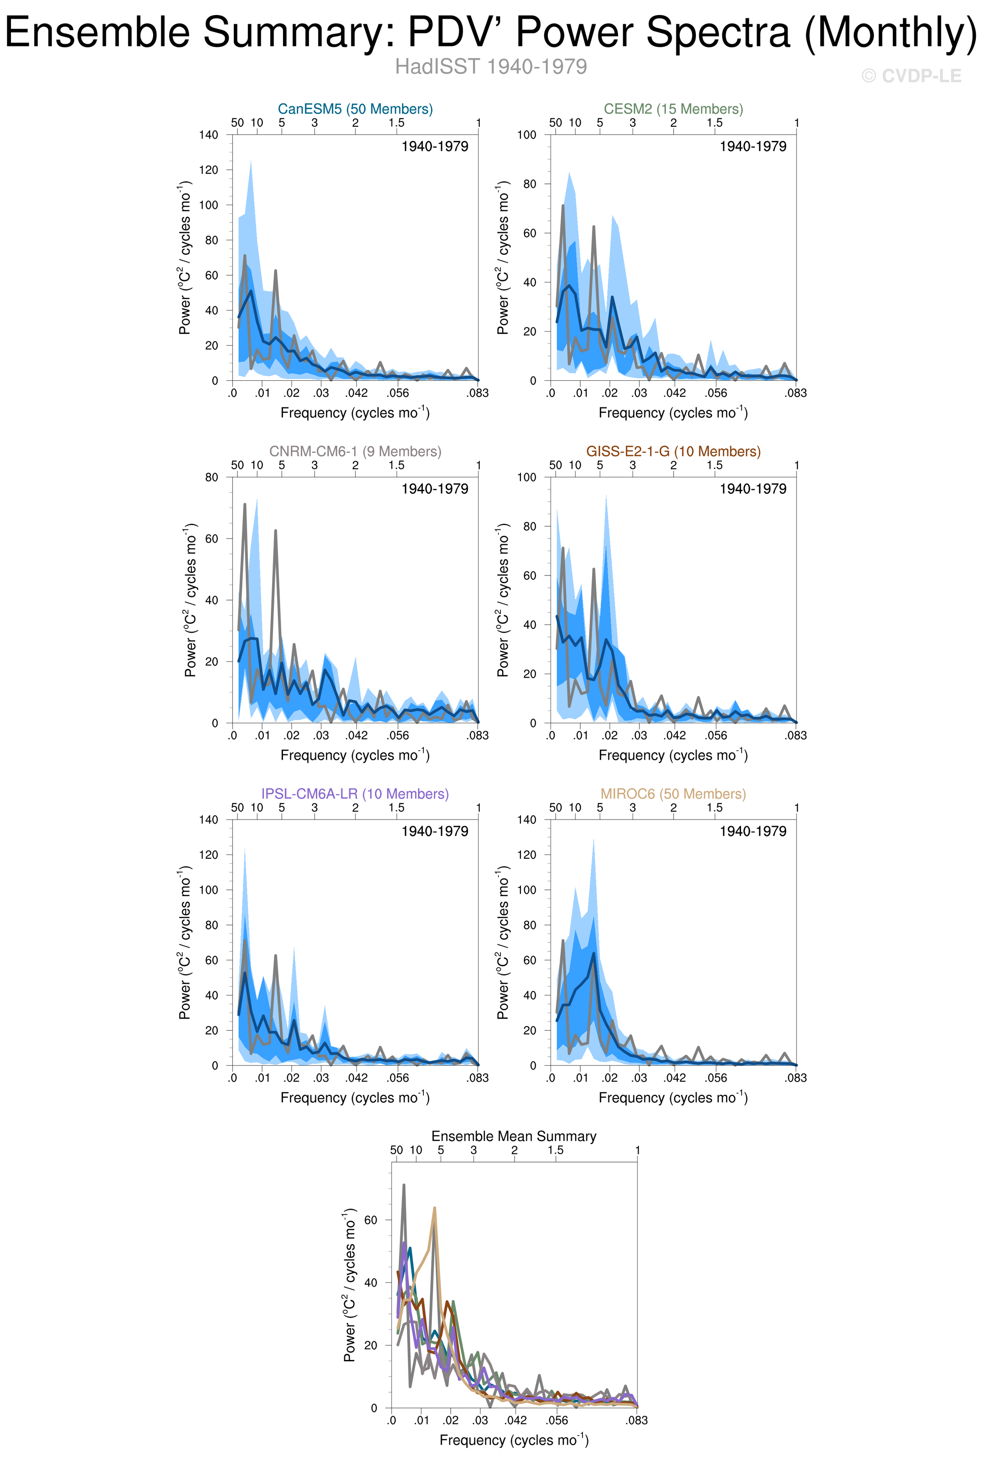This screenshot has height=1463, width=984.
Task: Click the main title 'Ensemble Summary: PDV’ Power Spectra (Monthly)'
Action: [491, 33]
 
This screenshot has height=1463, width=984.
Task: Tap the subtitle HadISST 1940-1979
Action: [491, 67]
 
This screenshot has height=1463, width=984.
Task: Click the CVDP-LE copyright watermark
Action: [911, 76]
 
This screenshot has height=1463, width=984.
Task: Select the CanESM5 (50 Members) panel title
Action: [355, 109]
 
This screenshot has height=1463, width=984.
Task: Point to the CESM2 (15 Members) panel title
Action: [673, 109]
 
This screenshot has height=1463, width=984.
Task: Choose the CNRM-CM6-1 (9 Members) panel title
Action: [355, 451]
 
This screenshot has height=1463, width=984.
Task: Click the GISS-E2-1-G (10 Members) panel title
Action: [673, 451]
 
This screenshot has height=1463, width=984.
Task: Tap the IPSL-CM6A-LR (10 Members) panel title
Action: [355, 794]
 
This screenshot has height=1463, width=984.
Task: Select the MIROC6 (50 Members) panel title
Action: [673, 794]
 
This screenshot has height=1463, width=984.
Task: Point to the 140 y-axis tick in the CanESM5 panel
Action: [208, 135]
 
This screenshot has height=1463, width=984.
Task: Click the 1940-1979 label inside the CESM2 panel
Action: [752, 146]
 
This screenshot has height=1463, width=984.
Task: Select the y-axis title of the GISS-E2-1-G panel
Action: [503, 600]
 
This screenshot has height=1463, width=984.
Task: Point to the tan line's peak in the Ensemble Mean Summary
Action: [434, 1208]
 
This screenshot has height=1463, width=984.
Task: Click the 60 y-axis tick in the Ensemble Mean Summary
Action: [371, 1220]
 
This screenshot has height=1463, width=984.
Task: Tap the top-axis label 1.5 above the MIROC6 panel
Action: [715, 808]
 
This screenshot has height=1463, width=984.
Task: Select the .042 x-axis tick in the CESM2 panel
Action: [675, 393]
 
